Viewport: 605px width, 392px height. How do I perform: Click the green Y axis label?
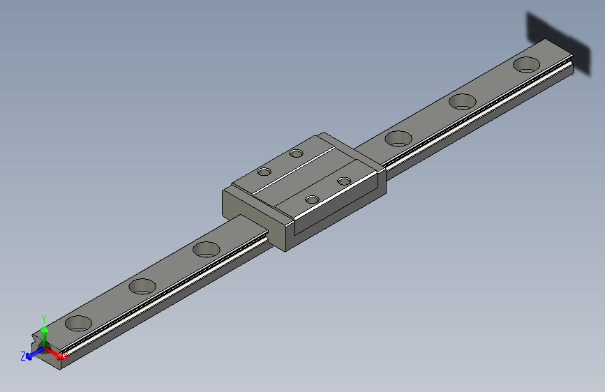pyautogui.click(x=44, y=317)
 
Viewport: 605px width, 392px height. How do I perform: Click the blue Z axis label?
pyautogui.click(x=23, y=356)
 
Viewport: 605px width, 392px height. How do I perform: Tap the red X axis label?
pyautogui.click(x=66, y=357)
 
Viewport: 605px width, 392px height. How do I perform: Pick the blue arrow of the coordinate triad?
pyautogui.click(x=32, y=354)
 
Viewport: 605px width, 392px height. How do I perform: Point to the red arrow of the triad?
pyautogui.click(x=56, y=353)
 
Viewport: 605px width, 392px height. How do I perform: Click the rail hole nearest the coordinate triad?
pyautogui.click(x=78, y=323)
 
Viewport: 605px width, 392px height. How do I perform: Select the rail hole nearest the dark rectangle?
pyautogui.click(x=526, y=65)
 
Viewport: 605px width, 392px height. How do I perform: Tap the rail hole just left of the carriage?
pyautogui.click(x=206, y=249)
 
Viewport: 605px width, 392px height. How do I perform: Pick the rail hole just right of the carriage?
pyautogui.click(x=398, y=138)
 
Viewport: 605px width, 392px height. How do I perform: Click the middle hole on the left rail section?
pyautogui.click(x=142, y=286)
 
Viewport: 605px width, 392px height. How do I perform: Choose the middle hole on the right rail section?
pyautogui.click(x=462, y=101)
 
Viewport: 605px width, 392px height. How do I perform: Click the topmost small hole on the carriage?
pyautogui.click(x=297, y=153)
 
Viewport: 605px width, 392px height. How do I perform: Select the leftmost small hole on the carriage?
pyautogui.click(x=264, y=172)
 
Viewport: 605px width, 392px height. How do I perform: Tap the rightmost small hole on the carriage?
pyautogui.click(x=343, y=181)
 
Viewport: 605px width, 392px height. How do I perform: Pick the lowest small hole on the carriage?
pyautogui.click(x=312, y=200)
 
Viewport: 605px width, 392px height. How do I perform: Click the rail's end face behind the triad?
pyautogui.click(x=56, y=361)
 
